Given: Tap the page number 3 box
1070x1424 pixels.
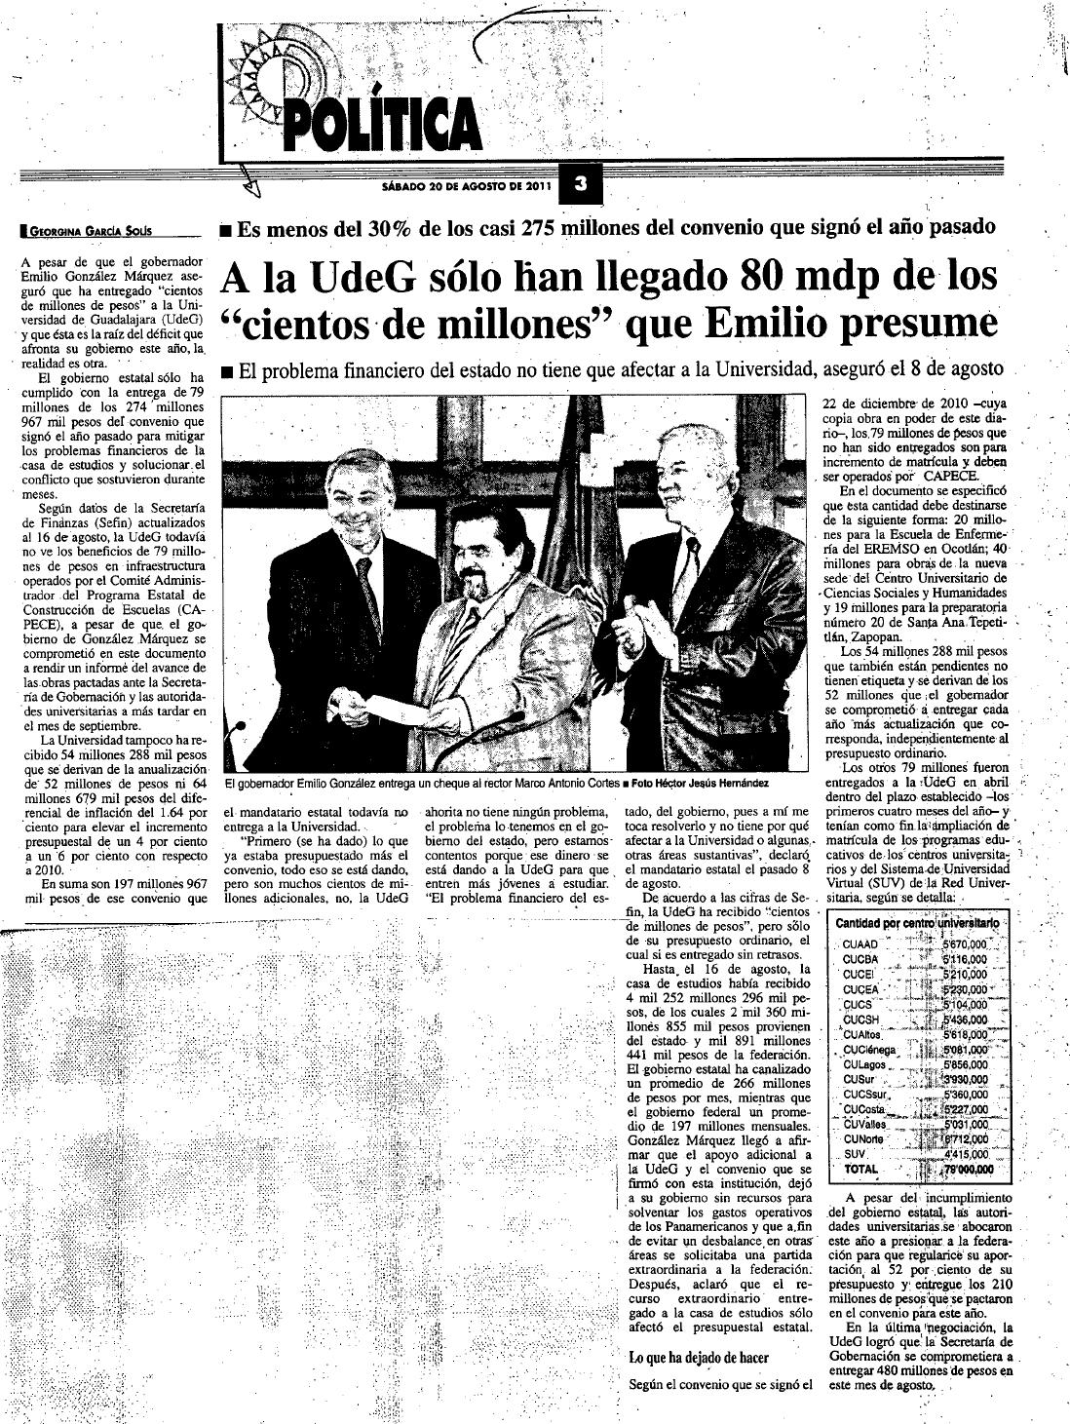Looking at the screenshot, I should coord(579,183).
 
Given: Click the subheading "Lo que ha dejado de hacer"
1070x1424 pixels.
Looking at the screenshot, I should coord(699,1358).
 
